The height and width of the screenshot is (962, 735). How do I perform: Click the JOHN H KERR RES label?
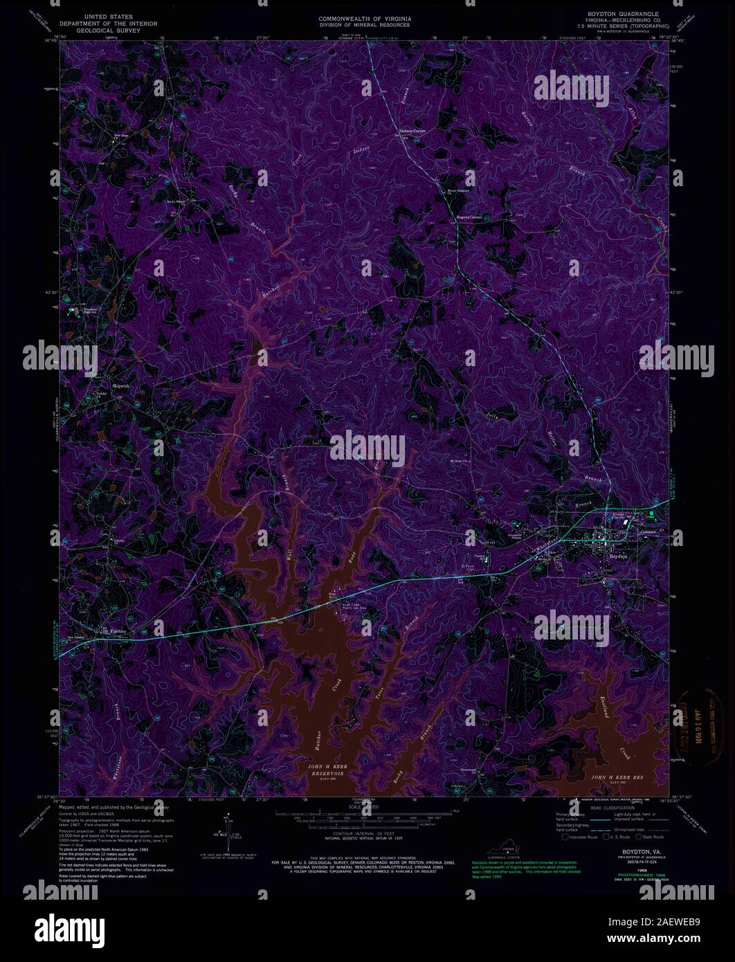point(617,778)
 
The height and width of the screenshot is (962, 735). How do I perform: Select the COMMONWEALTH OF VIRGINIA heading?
point(364,17)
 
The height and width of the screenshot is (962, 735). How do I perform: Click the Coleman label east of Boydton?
point(649,532)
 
